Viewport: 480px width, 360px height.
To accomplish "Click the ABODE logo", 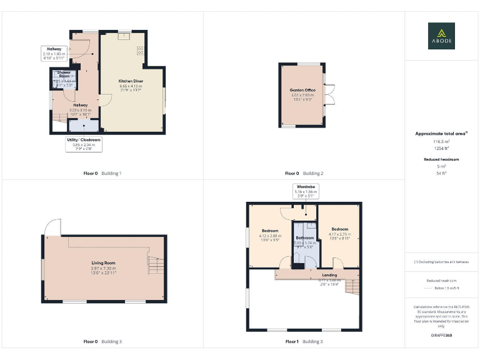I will coord(441,36).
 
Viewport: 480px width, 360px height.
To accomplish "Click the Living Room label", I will coord(104,268).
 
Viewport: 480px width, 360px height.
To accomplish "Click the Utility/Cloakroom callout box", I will coord(84,144).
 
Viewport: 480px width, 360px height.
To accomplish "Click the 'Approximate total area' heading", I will coord(441,134).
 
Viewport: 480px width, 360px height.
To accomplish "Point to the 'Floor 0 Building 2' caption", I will coord(304,173).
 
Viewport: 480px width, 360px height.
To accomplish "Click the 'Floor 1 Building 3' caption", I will coord(304,342).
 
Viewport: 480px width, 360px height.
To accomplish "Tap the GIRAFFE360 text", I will coord(441,336).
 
